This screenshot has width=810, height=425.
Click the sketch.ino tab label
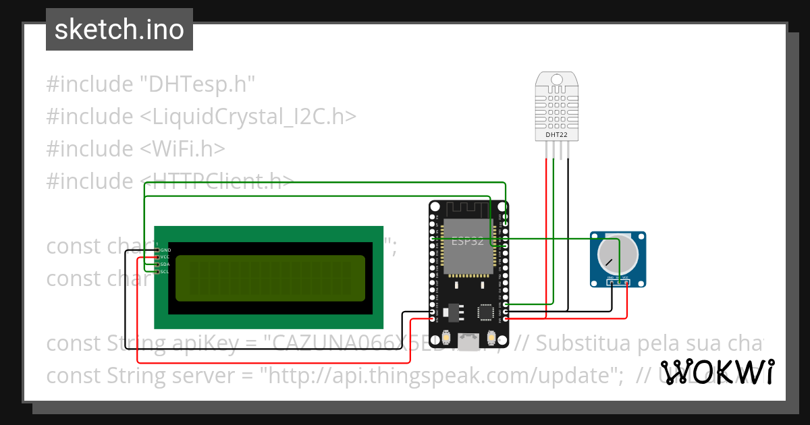pyautogui.click(x=119, y=30)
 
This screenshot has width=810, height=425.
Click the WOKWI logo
pyautogui.click(x=717, y=372)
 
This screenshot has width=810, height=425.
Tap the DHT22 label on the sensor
pyautogui.click(x=557, y=135)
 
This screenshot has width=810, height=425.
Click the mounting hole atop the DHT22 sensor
pyautogui.click(x=557, y=79)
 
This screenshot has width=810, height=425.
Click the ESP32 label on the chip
pyautogui.click(x=467, y=241)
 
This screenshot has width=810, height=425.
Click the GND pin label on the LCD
pyautogui.click(x=165, y=250)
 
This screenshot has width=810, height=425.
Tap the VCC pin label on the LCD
pyautogui.click(x=165, y=257)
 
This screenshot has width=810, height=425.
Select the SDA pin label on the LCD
pyautogui.click(x=165, y=264)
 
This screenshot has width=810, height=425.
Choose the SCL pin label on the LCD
pyautogui.click(x=165, y=272)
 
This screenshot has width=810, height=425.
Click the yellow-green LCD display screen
pyautogui.click(x=270, y=278)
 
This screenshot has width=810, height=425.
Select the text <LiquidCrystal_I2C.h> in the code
pyautogui.click(x=248, y=117)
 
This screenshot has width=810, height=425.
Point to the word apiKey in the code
pyautogui.click(x=200, y=343)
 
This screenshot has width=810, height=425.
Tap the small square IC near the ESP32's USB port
pyautogui.click(x=485, y=312)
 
